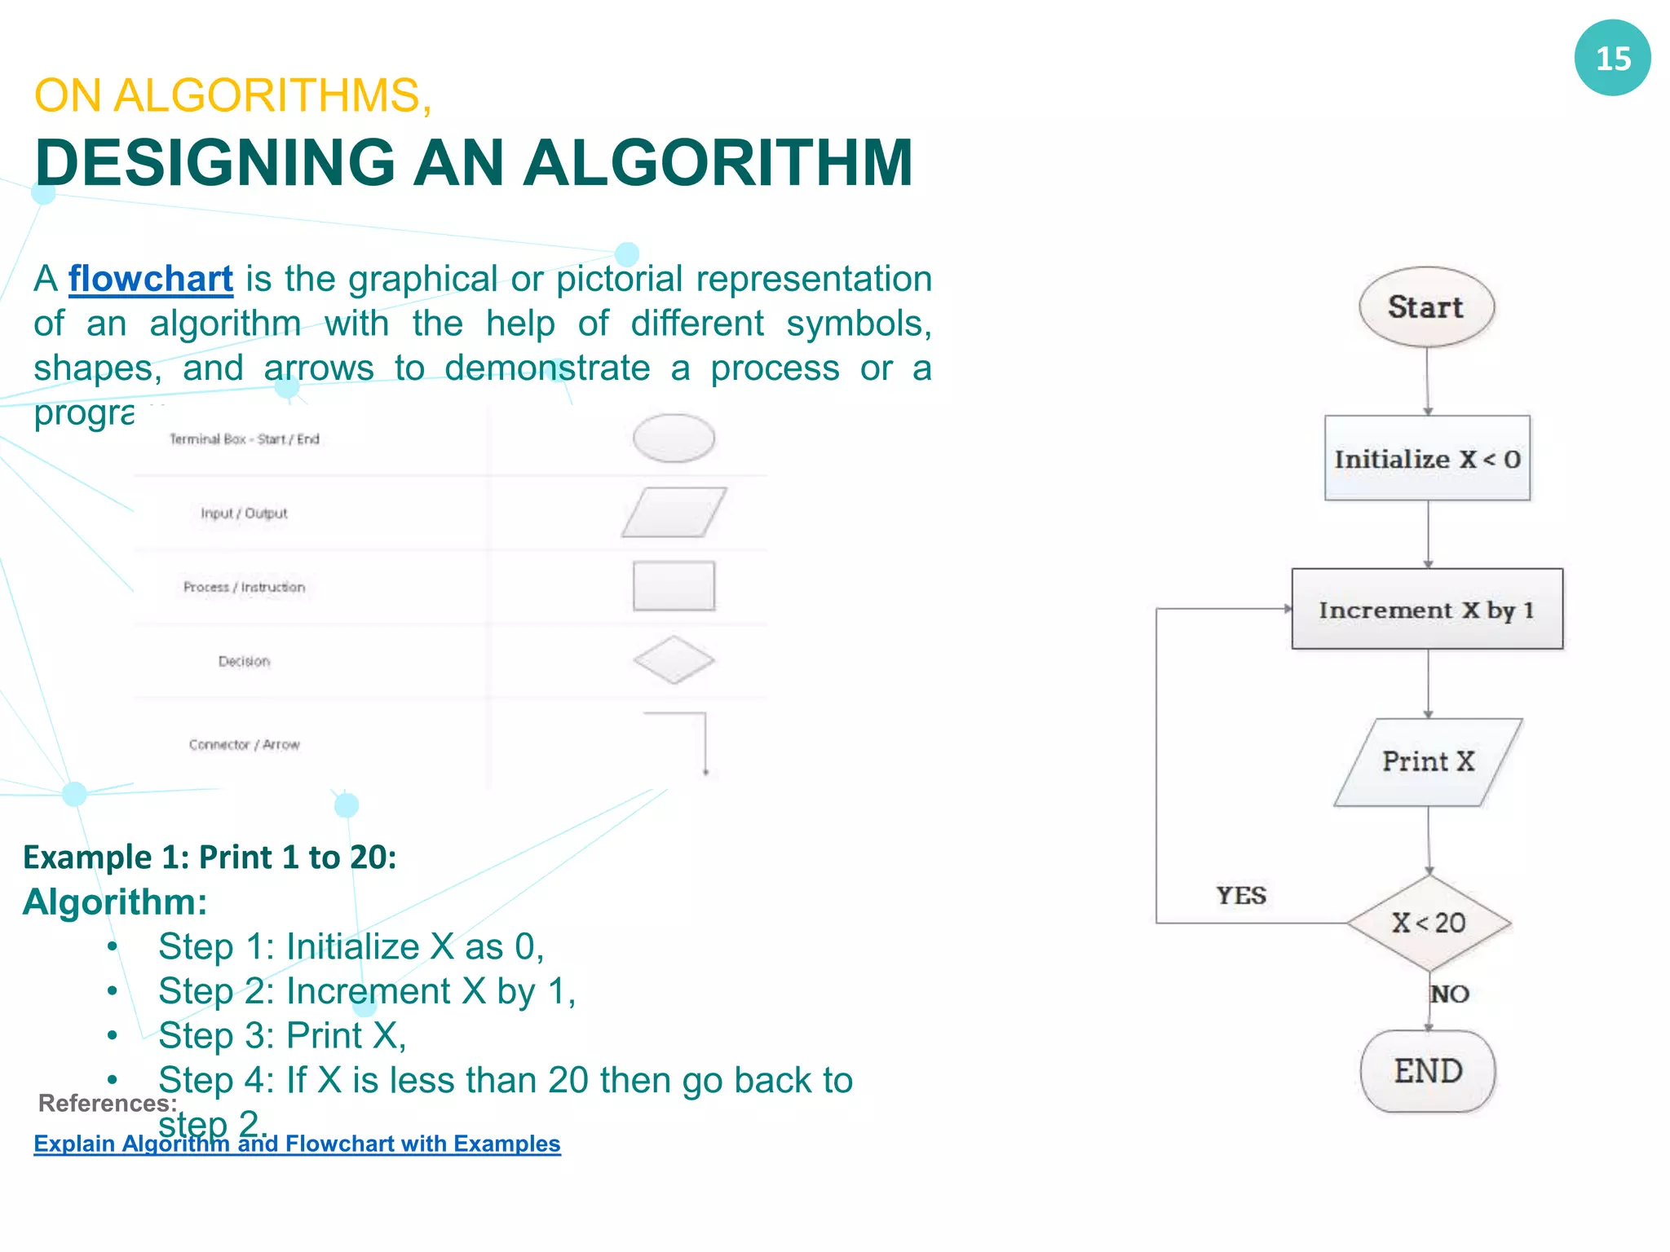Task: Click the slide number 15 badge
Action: coord(1612,58)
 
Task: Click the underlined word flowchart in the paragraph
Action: coord(151,279)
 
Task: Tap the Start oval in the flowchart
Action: coord(1426,307)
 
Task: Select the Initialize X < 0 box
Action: coord(1427,459)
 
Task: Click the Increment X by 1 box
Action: coord(1427,610)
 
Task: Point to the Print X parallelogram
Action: coord(1428,762)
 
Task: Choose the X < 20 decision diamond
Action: coord(1429,923)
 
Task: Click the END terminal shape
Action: coord(1428,1071)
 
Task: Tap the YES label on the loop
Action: coord(1241,896)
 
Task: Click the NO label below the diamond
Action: coord(1451,994)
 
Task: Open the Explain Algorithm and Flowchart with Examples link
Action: coord(297,1144)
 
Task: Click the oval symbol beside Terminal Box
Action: coord(674,439)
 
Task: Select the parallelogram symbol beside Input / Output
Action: coord(674,513)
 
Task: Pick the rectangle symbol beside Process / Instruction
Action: coord(674,586)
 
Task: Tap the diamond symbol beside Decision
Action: coord(674,660)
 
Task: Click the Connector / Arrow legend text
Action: coord(245,744)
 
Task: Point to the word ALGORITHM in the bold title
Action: coord(718,163)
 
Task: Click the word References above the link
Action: coord(107,1103)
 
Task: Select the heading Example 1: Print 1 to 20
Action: coord(210,857)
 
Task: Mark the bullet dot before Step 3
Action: coord(113,1036)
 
